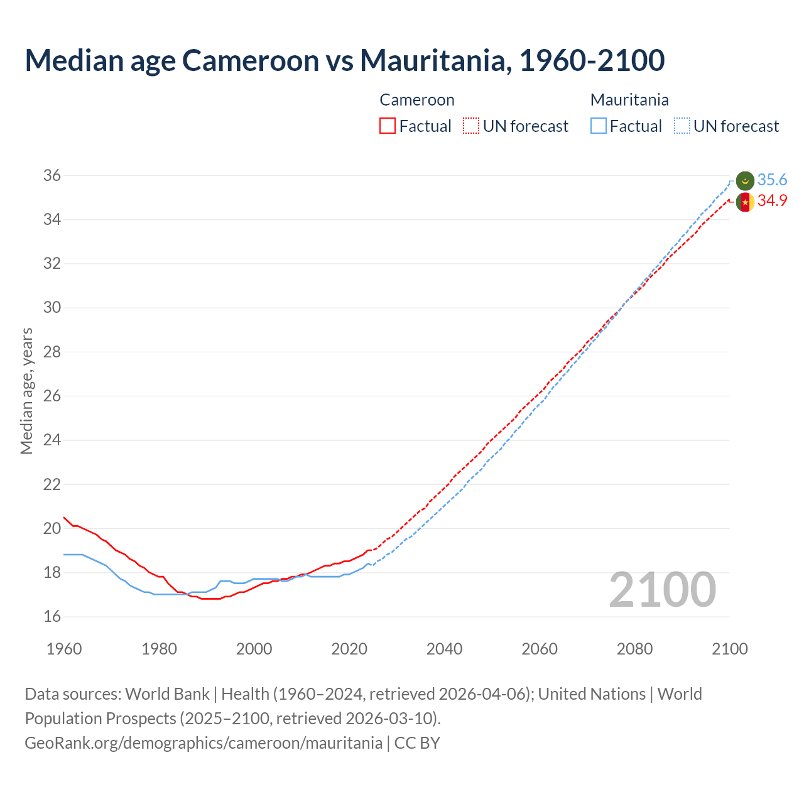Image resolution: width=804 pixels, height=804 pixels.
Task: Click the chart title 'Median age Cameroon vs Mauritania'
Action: (344, 60)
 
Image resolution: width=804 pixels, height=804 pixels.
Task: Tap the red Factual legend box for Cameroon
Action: (388, 126)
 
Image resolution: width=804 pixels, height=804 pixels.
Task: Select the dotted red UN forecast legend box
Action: (471, 126)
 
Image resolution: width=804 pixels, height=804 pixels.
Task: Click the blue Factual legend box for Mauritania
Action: (599, 126)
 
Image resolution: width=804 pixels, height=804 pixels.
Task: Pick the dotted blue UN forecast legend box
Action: (682, 126)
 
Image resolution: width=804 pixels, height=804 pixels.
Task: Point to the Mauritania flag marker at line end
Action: (745, 180)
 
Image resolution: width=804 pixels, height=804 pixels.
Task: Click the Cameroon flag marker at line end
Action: (745, 202)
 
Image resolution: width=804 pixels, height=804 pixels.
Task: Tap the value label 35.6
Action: (772, 180)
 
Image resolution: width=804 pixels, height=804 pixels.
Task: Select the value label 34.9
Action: (772, 201)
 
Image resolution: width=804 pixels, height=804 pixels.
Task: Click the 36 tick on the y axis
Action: (52, 176)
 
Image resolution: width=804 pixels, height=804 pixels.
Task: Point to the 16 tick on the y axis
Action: (52, 617)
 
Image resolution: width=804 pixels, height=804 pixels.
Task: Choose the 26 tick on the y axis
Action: (52, 396)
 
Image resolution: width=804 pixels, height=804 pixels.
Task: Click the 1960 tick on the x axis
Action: (64, 649)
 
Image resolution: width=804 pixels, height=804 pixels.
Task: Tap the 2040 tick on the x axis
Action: (444, 649)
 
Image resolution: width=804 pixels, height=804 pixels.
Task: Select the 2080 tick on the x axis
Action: (634, 649)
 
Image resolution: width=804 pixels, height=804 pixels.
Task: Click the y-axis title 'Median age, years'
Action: (26, 391)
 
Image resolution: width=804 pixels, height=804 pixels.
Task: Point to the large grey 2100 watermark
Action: (662, 590)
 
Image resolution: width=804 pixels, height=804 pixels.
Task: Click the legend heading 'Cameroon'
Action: (417, 100)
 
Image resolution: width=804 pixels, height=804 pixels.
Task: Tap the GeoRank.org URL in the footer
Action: (204, 743)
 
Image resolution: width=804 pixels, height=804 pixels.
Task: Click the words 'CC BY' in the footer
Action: (417, 743)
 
